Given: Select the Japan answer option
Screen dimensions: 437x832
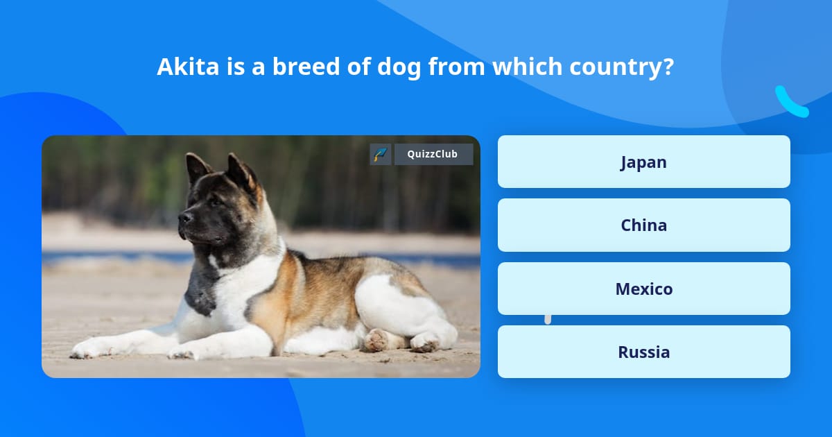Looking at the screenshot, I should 643,162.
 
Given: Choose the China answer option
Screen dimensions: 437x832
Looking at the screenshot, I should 643,225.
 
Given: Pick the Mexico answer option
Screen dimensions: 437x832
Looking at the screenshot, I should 643,289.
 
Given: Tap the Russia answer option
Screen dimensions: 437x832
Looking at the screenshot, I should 643,352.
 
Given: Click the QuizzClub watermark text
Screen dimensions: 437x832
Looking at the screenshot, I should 433,154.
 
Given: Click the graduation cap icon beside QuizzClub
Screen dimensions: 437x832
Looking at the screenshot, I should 381,154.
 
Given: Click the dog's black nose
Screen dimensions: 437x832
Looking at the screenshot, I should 184,218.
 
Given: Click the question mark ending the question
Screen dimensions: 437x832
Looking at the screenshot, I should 668,67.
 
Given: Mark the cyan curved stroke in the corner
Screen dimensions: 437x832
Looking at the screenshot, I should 791,103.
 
